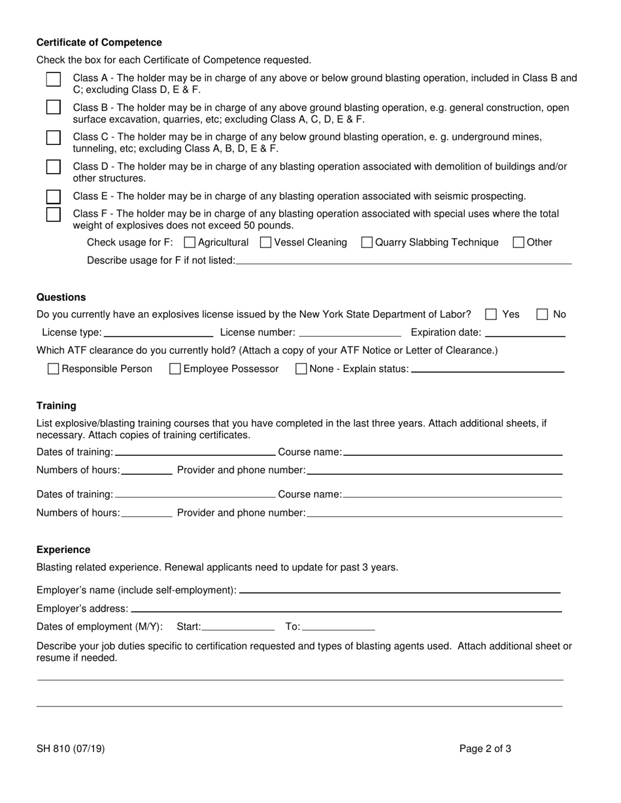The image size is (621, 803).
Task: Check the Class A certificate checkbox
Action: pyautogui.click(x=54, y=79)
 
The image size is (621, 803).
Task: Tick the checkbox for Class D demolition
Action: pyautogui.click(x=54, y=167)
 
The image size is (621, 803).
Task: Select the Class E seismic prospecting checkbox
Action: pyautogui.click(x=54, y=197)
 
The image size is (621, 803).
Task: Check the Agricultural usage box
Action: pyautogui.click(x=190, y=243)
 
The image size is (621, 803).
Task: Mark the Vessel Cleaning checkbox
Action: pyautogui.click(x=266, y=243)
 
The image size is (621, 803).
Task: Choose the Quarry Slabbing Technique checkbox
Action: pyautogui.click(x=367, y=243)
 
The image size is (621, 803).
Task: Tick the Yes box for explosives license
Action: pyautogui.click(x=491, y=315)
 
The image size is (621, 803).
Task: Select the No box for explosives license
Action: pyautogui.click(x=542, y=315)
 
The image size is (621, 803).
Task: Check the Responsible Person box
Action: pyautogui.click(x=54, y=370)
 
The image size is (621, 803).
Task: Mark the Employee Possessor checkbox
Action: pyautogui.click(x=175, y=370)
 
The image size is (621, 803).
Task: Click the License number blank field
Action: pyautogui.click(x=350, y=332)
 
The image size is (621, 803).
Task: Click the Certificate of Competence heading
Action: pyautogui.click(x=99, y=42)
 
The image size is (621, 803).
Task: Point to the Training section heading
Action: pyautogui.click(x=56, y=405)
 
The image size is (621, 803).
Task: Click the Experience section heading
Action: pyautogui.click(x=63, y=550)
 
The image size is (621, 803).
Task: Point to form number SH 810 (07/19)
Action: pyautogui.click(x=71, y=749)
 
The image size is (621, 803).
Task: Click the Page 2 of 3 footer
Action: pyautogui.click(x=485, y=749)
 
